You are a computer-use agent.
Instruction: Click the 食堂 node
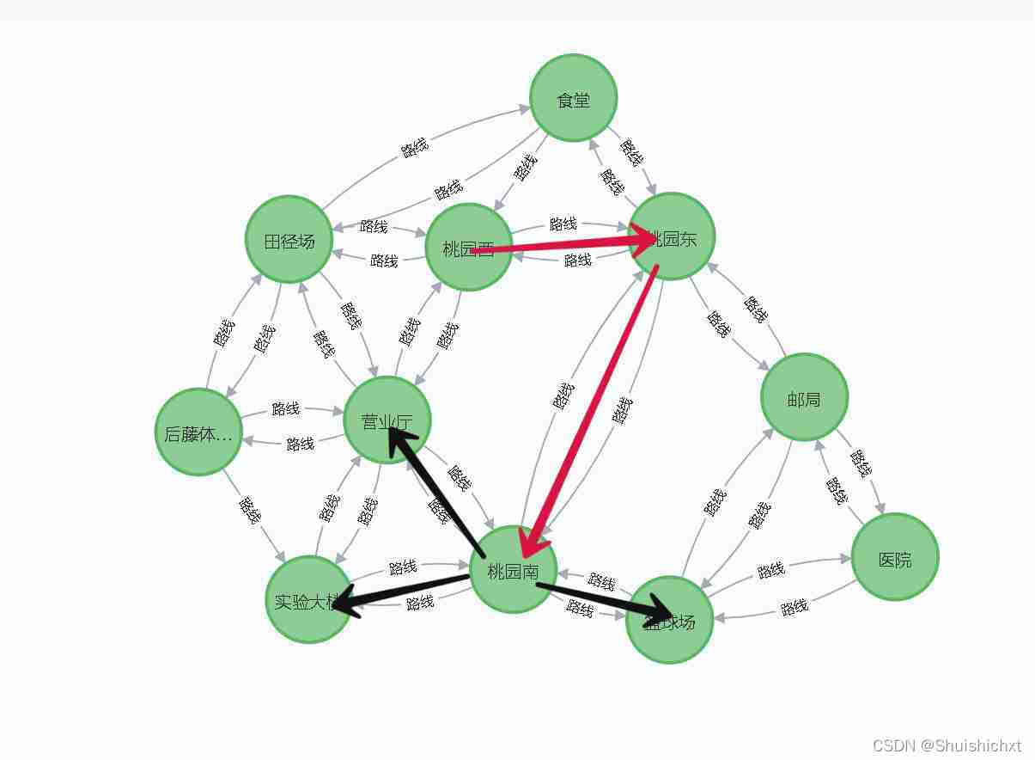[573, 99]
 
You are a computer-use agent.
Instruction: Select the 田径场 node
[289, 240]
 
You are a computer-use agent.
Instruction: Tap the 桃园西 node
[468, 248]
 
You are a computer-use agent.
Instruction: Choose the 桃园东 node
[672, 237]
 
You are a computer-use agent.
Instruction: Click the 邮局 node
[804, 397]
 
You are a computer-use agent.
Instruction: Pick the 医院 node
[894, 558]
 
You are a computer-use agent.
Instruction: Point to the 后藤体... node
[198, 432]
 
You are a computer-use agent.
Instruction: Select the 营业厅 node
[387, 420]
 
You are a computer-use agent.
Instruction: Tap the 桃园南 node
[513, 569]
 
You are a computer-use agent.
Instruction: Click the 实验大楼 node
[308, 600]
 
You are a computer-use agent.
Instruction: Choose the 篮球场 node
[670, 620]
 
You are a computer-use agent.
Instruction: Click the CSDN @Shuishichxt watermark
[947, 745]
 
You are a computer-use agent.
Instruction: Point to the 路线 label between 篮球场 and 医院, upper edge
[770, 570]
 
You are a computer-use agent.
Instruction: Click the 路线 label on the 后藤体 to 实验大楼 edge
[249, 510]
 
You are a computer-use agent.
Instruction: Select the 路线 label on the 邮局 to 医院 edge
[861, 464]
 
